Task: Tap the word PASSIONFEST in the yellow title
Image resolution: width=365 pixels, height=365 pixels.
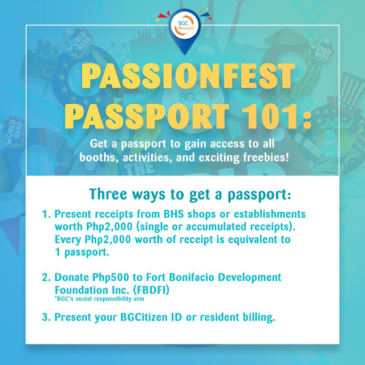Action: point(188,76)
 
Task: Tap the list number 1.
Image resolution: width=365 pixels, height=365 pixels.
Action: point(46,214)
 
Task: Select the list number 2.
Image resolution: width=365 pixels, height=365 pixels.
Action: point(46,278)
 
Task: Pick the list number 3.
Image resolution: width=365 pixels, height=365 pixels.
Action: point(46,317)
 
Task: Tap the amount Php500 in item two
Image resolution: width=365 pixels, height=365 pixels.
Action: point(111,278)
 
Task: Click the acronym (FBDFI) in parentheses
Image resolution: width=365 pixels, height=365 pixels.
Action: point(151,290)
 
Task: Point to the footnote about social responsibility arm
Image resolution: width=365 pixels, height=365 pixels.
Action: point(99,299)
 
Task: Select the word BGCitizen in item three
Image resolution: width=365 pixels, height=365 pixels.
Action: point(151,317)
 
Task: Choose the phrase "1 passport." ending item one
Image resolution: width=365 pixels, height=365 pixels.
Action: point(82,252)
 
